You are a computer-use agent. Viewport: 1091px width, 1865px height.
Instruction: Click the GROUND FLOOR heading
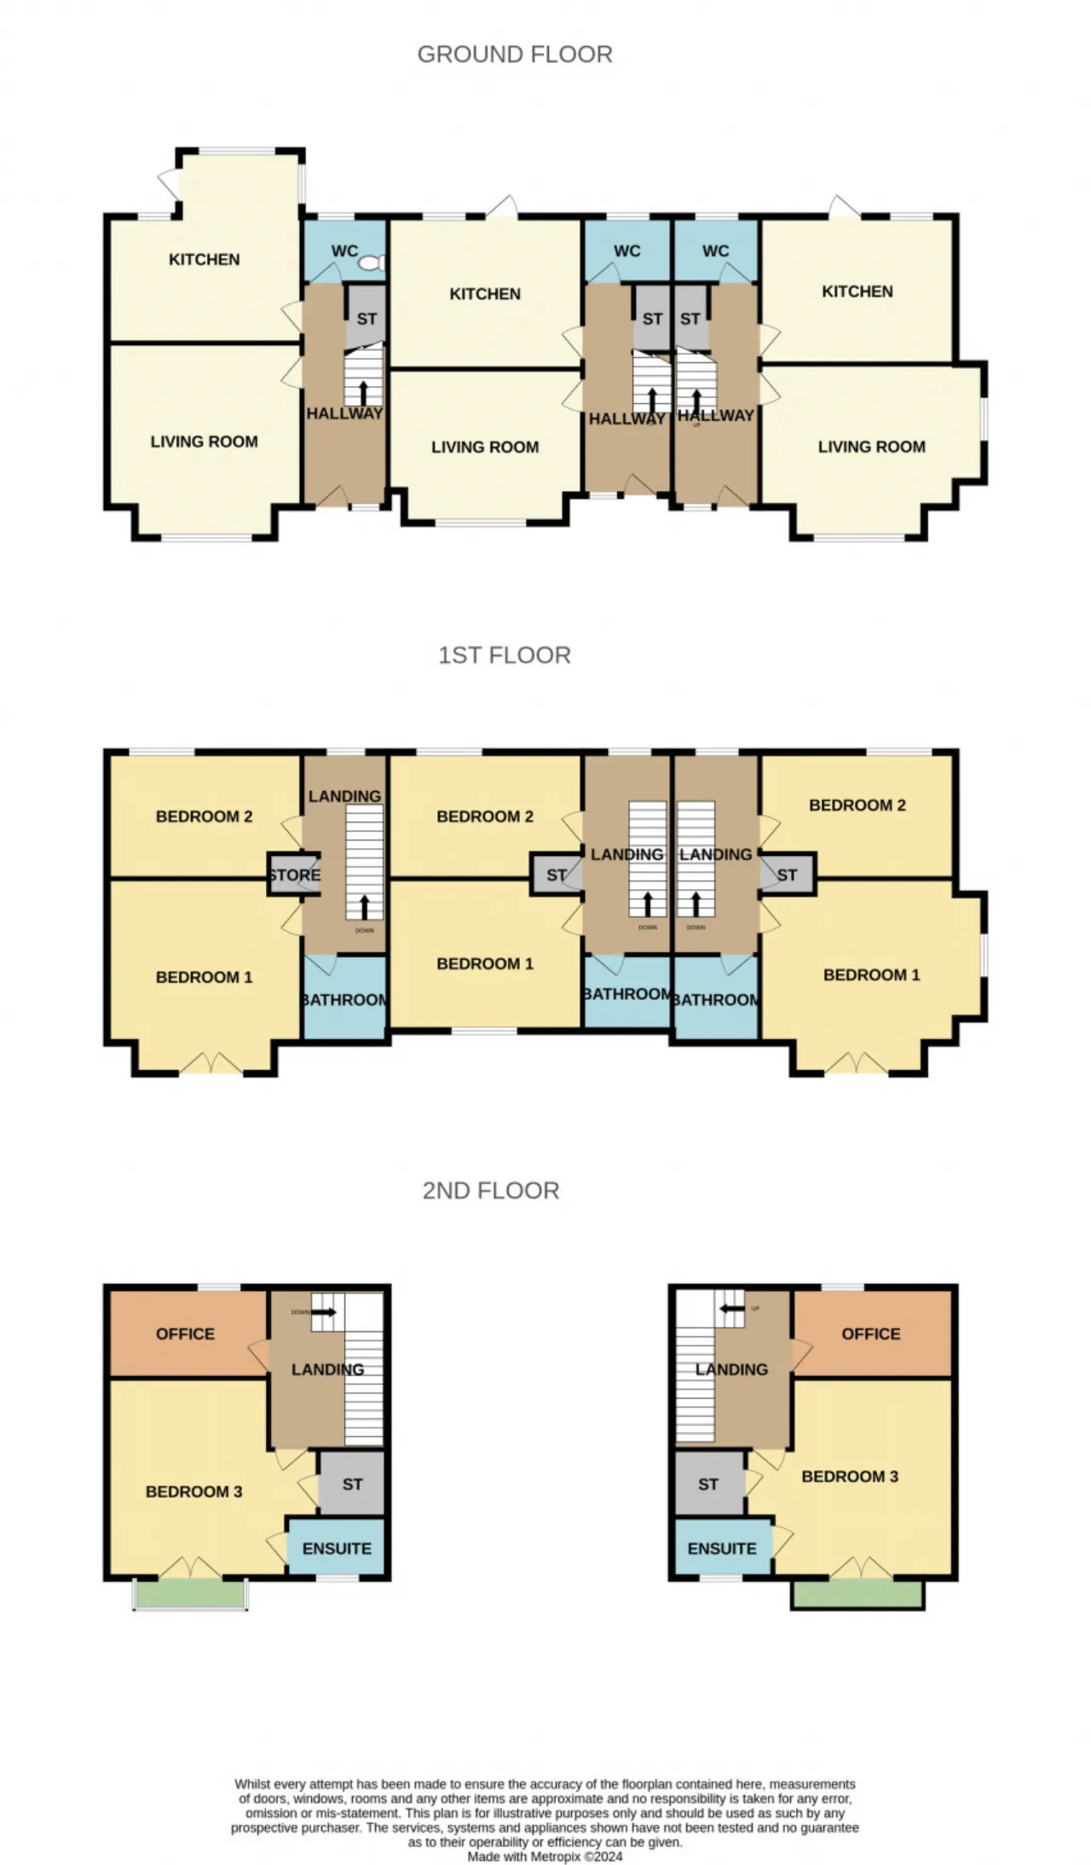tap(515, 55)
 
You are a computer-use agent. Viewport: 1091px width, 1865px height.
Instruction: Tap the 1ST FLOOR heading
tap(504, 655)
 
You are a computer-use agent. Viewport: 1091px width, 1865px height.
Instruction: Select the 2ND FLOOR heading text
tap(491, 1191)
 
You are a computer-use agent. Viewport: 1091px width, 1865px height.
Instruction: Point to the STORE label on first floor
tap(294, 875)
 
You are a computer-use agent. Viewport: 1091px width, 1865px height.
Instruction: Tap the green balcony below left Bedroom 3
tap(190, 1593)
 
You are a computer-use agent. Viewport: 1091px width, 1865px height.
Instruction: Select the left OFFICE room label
tap(185, 1334)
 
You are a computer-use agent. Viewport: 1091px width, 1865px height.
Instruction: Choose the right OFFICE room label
tap(870, 1334)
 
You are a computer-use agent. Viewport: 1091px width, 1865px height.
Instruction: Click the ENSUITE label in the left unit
tap(337, 1549)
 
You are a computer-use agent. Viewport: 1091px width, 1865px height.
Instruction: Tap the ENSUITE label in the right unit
tap(722, 1549)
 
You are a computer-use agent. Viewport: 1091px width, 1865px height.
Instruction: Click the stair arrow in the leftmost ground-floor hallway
tap(364, 393)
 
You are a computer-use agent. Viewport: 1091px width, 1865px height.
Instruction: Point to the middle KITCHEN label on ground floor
tap(485, 294)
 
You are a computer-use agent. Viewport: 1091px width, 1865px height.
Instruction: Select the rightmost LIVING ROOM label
tap(871, 447)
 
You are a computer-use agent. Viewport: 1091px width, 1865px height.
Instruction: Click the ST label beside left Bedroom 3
tap(352, 1484)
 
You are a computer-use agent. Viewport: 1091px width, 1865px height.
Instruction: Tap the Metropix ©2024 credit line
tap(545, 1856)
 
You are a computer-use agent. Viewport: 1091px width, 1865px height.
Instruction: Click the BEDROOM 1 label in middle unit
tap(485, 964)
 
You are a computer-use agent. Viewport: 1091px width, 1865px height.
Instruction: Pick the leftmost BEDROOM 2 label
tap(204, 817)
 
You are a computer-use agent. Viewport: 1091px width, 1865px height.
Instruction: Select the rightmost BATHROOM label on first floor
tap(716, 1000)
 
